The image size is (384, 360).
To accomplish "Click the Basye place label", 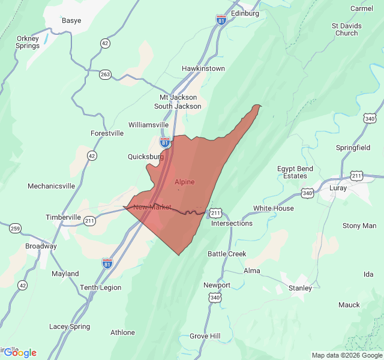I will [x=71, y=20].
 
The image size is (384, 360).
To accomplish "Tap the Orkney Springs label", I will [x=28, y=42].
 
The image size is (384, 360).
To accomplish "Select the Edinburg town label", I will [x=245, y=13].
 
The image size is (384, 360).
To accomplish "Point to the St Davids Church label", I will [x=346, y=29].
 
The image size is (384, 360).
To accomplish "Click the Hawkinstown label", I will [x=203, y=68].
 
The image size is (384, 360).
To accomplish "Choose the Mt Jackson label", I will [x=178, y=97].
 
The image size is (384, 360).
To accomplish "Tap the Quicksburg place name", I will [x=146, y=157].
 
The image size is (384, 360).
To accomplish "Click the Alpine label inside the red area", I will [x=184, y=181].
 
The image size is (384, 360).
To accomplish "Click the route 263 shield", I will [x=106, y=74].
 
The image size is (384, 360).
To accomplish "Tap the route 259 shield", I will [x=15, y=228].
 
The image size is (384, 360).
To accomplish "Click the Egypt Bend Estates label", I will [x=295, y=172].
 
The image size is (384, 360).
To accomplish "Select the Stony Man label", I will [x=359, y=226].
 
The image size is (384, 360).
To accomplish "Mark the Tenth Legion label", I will [x=100, y=287].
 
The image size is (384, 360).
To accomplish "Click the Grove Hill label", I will [x=205, y=336].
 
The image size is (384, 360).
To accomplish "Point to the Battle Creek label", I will [x=227, y=254].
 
